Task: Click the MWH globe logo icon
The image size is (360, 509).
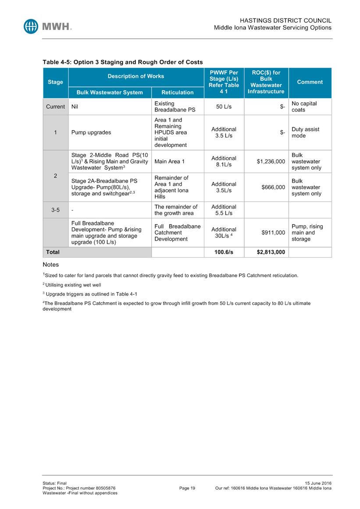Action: (x=31, y=26)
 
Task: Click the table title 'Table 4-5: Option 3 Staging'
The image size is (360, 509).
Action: (x=122, y=62)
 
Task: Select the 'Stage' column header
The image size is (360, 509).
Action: (x=55, y=82)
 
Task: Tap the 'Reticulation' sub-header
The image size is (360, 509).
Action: (x=178, y=93)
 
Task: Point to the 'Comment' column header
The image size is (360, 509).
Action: (x=310, y=82)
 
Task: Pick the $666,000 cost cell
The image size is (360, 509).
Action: (x=273, y=187)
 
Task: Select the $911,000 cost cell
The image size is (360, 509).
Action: (x=273, y=233)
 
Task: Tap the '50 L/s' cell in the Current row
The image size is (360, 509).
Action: (x=224, y=107)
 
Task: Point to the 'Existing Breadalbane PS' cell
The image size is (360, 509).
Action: (x=175, y=107)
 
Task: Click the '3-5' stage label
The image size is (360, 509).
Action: (x=55, y=210)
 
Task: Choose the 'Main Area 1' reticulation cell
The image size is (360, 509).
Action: (x=170, y=161)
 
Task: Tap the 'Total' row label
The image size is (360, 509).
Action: (x=53, y=252)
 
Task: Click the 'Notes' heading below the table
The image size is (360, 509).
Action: (x=50, y=265)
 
